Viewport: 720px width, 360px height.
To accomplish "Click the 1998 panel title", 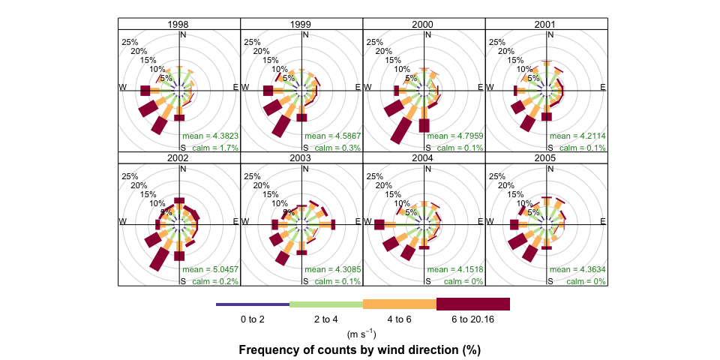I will [x=178, y=25].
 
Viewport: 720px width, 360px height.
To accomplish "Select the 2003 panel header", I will [x=301, y=157].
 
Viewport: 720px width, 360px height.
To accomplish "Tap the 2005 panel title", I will [x=545, y=157].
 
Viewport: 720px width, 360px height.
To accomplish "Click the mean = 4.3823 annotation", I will [x=210, y=136].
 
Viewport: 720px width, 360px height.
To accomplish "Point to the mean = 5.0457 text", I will [x=210, y=269].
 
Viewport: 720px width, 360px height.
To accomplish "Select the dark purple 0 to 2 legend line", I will [x=253, y=304].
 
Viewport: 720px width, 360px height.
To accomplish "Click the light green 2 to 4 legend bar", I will [x=326, y=304].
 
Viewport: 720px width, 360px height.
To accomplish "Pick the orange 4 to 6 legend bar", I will [x=400, y=304].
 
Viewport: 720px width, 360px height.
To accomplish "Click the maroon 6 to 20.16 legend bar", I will [x=473, y=304].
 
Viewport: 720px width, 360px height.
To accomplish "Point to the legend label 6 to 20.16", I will [x=473, y=319].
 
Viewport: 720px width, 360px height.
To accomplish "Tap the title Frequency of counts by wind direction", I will [x=359, y=349].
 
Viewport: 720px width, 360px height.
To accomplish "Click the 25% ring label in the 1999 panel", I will [x=253, y=42].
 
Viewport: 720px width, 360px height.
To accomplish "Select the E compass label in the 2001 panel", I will [x=603, y=88].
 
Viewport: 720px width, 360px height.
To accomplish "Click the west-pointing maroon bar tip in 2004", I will [x=379, y=225].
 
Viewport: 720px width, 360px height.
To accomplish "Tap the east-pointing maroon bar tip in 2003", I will [x=333, y=224].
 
